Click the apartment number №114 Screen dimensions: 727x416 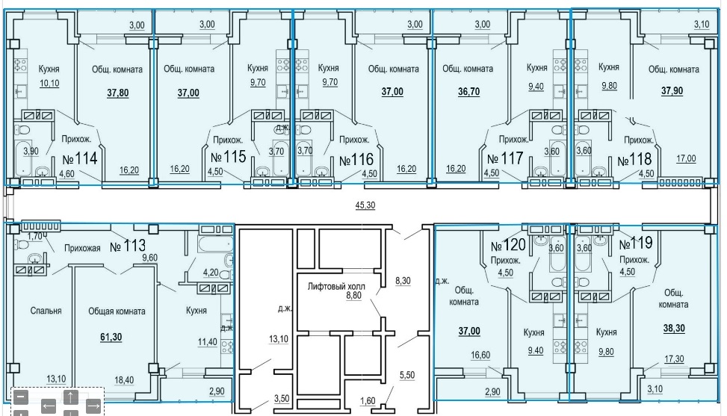pos(80,158)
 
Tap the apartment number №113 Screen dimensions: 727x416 pos(128,245)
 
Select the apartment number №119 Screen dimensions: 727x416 pos(636,243)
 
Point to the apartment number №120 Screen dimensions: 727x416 pos(508,245)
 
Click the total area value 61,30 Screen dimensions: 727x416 pos(111,337)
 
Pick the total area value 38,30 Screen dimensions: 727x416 pos(674,328)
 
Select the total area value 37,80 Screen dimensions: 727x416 pos(118,93)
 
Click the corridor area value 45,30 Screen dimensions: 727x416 pos(365,205)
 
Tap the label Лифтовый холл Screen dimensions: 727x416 pos(336,286)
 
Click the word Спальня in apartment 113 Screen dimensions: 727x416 pos(46,311)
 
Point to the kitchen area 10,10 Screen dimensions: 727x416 pos(49,84)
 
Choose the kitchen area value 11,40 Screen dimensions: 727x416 pos(207,342)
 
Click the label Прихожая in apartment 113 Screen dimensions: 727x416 pos(82,248)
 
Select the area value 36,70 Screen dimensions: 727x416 pos(468,91)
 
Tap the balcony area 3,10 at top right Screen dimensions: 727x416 pos(702,24)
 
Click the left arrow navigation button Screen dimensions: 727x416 pos(49,406)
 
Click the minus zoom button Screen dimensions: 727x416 pos(21,397)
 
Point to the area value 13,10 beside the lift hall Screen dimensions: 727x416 pos(278,339)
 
